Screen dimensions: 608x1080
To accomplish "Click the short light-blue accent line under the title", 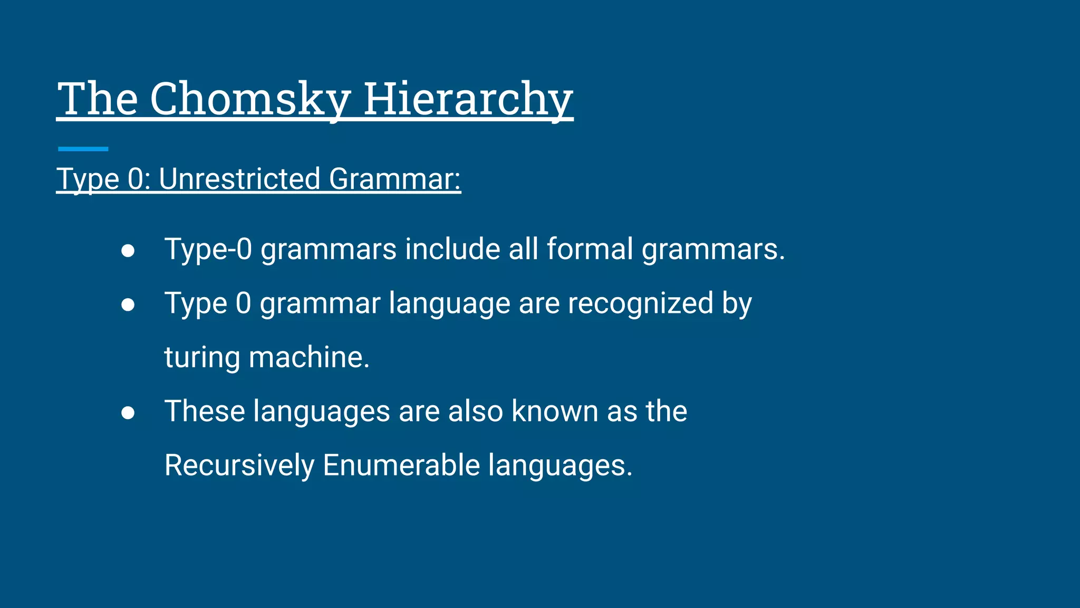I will click(83, 149).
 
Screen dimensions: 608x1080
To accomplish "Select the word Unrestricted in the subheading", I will click(239, 179).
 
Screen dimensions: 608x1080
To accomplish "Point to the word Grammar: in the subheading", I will click(395, 179).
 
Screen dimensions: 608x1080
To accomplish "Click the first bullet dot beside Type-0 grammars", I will click(128, 251).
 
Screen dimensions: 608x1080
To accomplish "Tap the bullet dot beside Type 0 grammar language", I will click(128, 305).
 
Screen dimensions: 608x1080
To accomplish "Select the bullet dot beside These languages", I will click(128, 413).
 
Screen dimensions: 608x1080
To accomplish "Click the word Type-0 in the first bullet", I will click(208, 249).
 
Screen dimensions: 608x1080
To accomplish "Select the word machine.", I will click(309, 357).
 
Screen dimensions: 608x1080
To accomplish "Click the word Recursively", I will click(239, 465).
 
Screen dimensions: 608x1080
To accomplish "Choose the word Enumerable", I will click(401, 465).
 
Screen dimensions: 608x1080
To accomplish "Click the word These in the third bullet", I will click(205, 411).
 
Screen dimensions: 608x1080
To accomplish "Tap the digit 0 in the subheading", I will click(136, 179).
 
